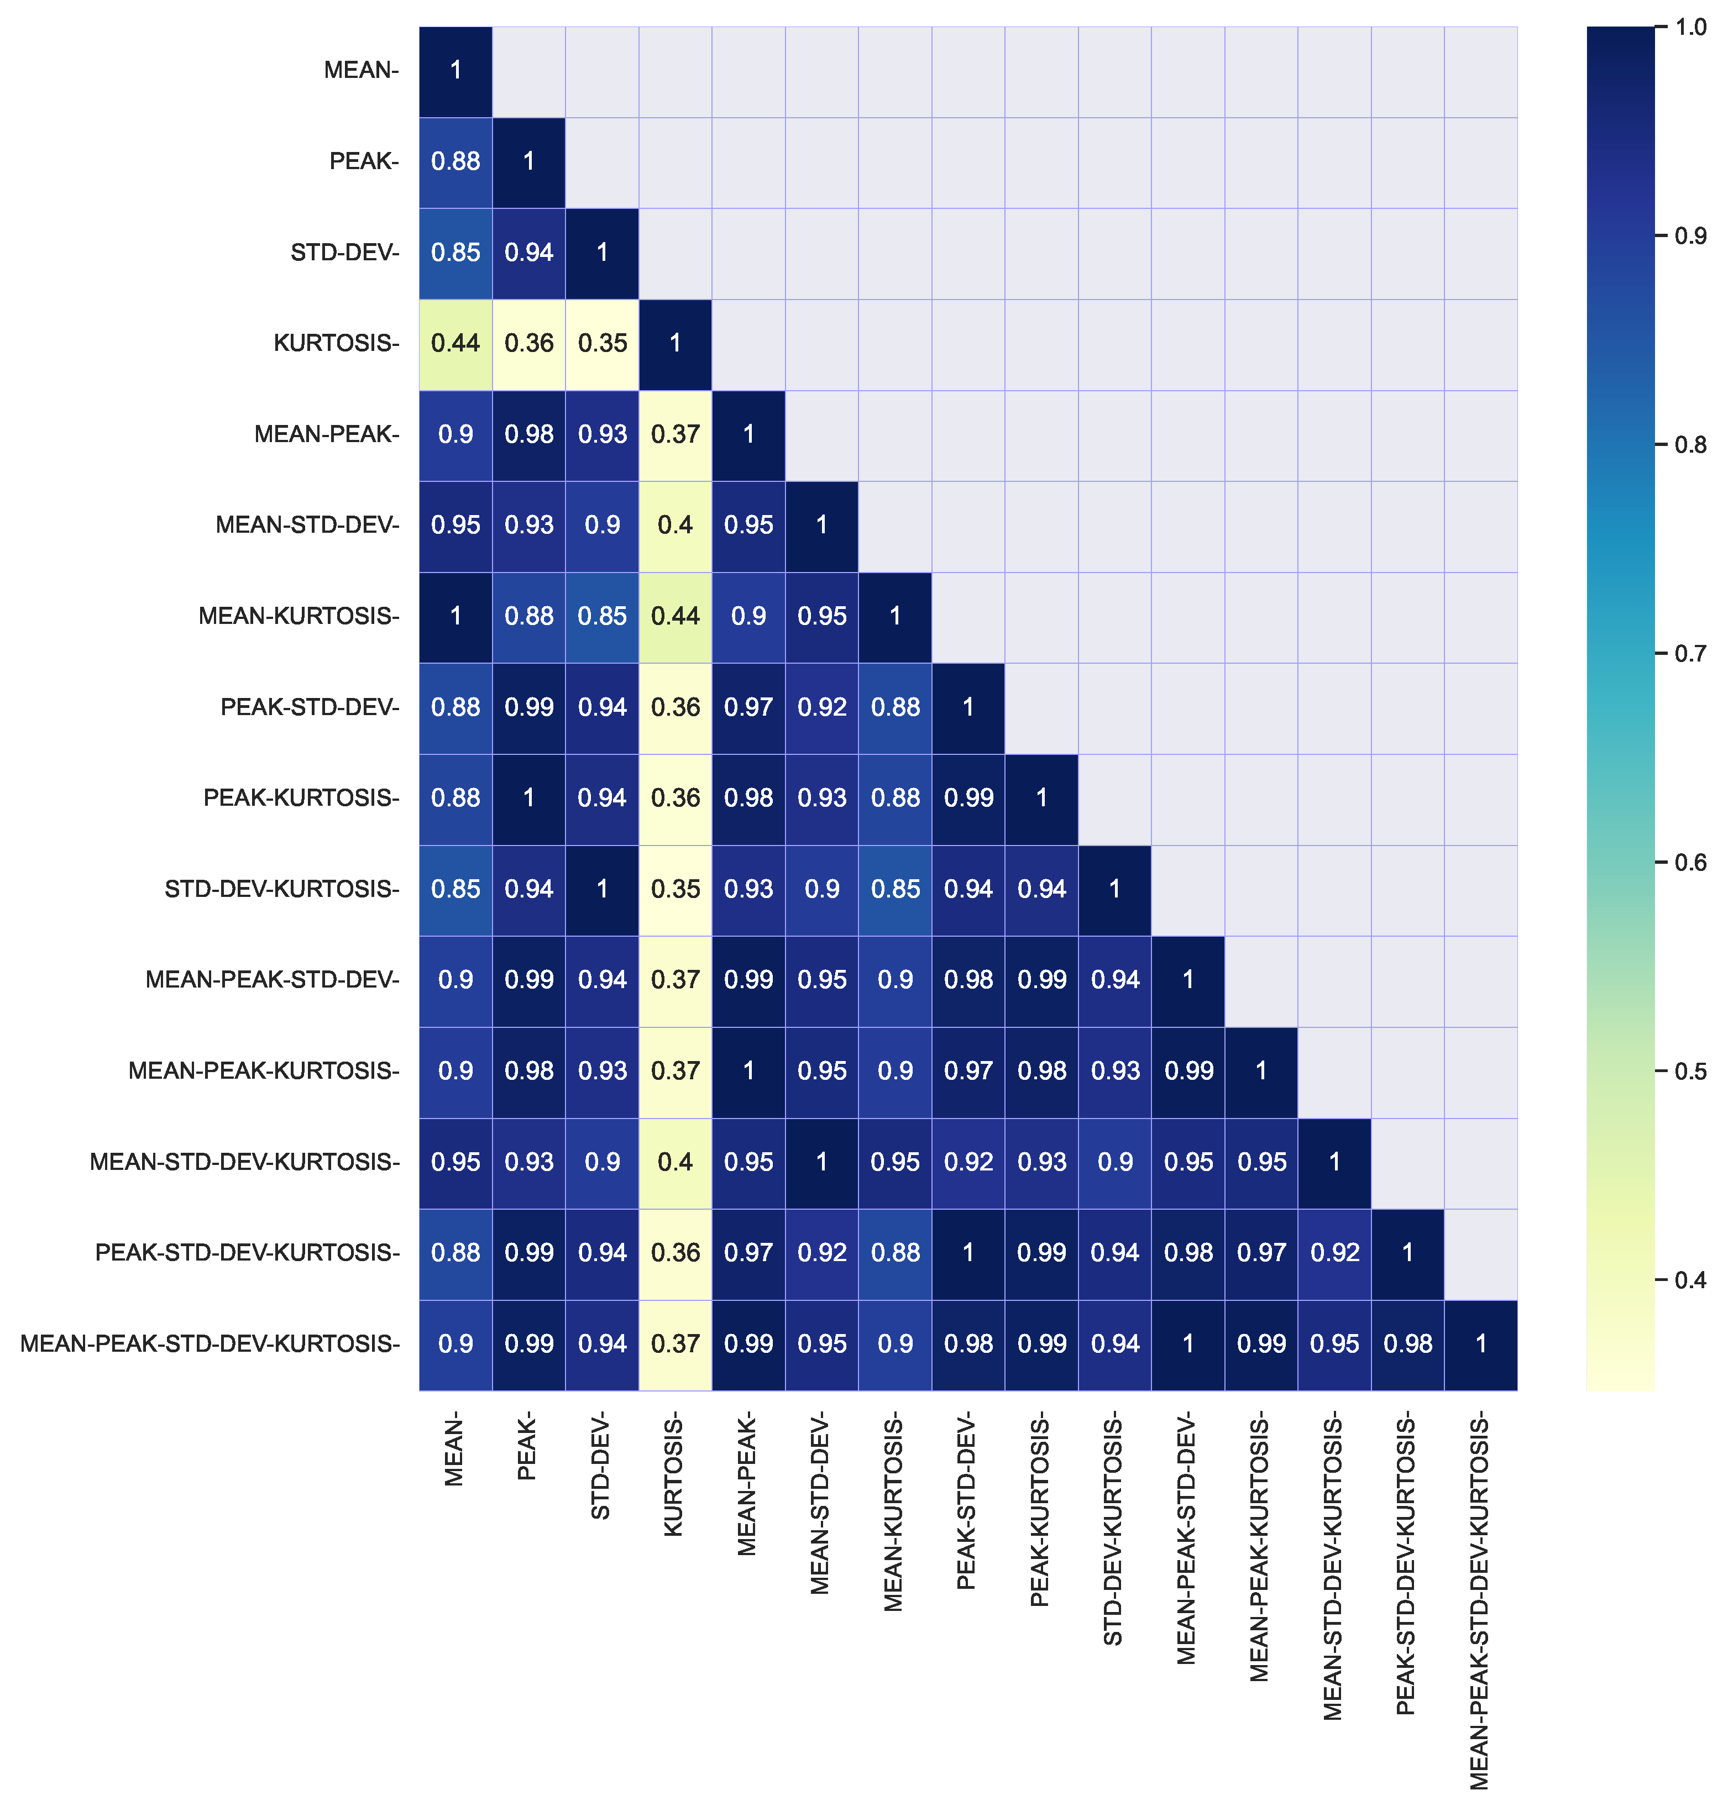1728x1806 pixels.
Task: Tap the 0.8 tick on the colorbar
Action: (1689, 445)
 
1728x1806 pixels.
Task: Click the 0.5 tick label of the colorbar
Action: (1689, 1071)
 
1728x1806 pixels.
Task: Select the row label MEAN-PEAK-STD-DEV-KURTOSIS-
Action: (210, 1343)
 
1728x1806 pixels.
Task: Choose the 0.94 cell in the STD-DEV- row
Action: (528, 253)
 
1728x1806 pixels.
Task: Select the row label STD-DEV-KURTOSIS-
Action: (282, 889)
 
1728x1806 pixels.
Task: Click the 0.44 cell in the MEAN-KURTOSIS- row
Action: (675, 616)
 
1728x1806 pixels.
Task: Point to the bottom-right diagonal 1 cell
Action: (1480, 1343)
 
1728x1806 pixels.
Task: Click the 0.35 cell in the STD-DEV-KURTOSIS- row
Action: (675, 889)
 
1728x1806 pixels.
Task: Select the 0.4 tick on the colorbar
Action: (1689, 1280)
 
